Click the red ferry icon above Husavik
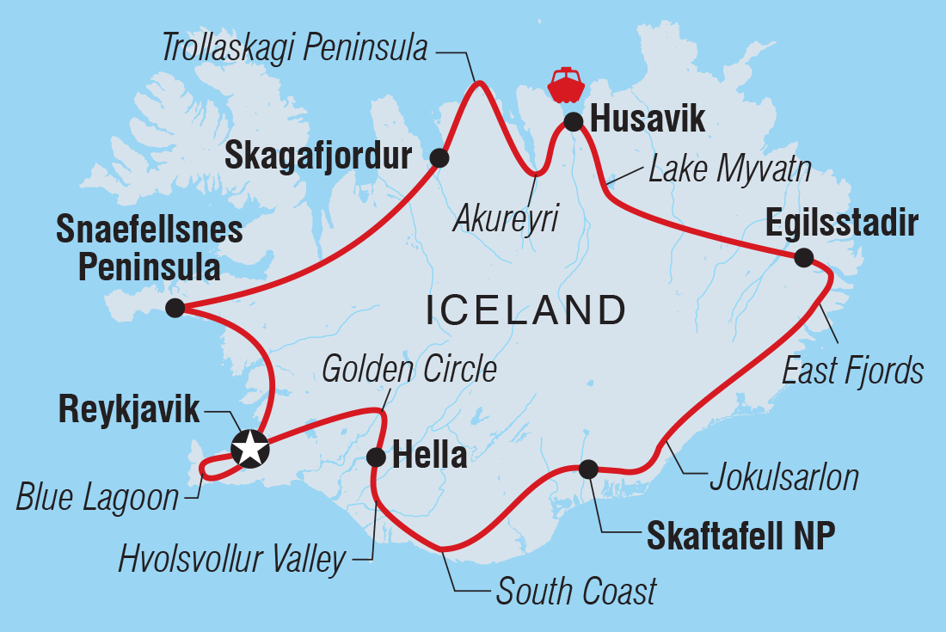[567, 84]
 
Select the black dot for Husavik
[574, 121]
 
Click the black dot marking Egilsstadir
[802, 257]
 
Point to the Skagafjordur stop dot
[439, 157]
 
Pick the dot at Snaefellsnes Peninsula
[175, 309]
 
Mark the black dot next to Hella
[376, 457]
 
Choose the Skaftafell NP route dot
[587, 469]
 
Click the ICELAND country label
[525, 310]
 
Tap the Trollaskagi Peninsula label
[294, 49]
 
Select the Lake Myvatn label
[729, 169]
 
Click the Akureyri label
[506, 219]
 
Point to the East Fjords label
[853, 371]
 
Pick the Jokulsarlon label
[783, 478]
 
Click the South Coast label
[576, 592]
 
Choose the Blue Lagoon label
[97, 498]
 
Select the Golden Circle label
[408, 369]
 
